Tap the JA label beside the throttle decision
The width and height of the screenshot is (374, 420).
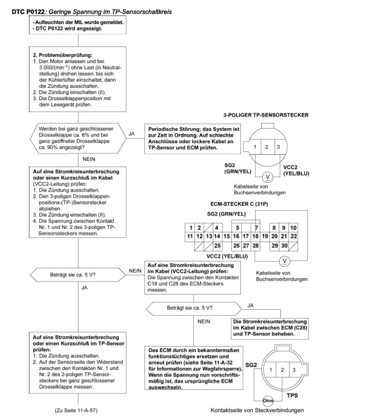[131, 134]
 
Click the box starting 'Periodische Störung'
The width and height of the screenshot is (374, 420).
[193, 138]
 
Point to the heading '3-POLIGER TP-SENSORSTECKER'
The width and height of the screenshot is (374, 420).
[266, 115]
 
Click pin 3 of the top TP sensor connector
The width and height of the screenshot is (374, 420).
[278, 147]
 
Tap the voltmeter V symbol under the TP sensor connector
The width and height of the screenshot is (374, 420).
[267, 177]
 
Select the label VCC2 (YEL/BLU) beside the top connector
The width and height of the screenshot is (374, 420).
[297, 170]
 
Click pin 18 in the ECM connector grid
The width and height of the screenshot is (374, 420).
[255, 236]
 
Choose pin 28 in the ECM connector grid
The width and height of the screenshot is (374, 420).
[256, 246]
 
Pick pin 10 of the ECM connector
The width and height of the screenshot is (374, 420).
[293, 228]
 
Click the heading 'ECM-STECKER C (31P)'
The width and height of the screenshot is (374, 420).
[239, 204]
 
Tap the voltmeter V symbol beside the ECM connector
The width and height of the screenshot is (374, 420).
[284, 261]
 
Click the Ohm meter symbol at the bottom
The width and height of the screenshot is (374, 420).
[268, 401]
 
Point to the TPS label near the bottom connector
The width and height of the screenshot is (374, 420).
[292, 395]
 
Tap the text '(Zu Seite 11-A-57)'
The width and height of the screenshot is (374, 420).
[76, 410]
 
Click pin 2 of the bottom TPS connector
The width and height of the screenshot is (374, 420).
[282, 370]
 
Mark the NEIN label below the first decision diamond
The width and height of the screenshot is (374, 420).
[89, 159]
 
